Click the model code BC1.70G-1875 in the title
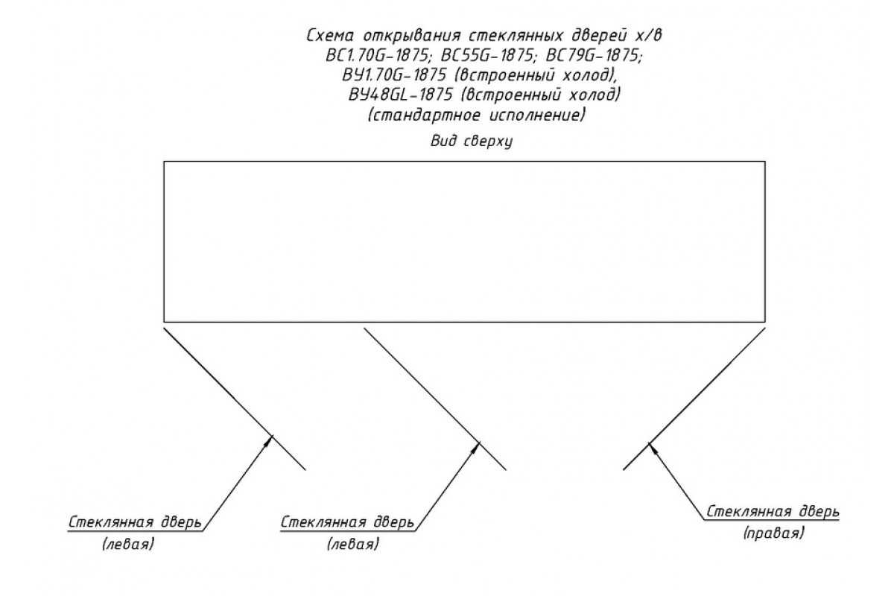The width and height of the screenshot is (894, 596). click(x=377, y=55)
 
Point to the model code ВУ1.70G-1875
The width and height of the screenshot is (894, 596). click(x=394, y=75)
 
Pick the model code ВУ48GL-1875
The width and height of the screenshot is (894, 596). click(x=401, y=95)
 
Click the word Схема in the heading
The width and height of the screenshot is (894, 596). click(x=331, y=36)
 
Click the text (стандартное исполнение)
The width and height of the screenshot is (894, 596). click(x=477, y=115)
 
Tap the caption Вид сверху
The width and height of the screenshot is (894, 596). click(x=472, y=142)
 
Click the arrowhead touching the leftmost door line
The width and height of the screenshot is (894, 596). click(x=270, y=441)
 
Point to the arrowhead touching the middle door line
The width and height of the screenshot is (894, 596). click(x=476, y=448)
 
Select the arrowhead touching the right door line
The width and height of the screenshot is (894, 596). click(x=652, y=448)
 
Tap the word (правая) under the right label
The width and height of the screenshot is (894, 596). click(x=774, y=533)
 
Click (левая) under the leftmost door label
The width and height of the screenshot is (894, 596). click(x=128, y=545)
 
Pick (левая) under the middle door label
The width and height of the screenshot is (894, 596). click(x=353, y=545)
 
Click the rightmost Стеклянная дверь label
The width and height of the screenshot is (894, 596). click(x=773, y=512)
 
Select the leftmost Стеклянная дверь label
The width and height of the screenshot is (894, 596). click(x=135, y=523)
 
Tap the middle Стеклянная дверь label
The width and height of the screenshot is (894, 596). click(x=348, y=523)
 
